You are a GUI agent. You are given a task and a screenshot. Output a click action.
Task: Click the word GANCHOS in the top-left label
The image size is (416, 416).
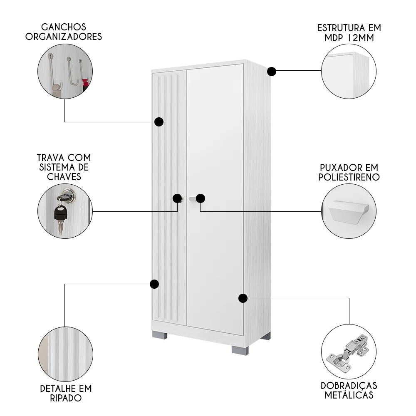pos(64,27)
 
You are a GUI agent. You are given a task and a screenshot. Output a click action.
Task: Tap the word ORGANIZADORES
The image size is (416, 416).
pos(64,37)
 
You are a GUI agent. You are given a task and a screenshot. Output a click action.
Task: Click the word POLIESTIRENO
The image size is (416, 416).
pos(349,177)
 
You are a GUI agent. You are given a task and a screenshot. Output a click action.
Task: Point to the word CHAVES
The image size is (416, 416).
pos(64,177)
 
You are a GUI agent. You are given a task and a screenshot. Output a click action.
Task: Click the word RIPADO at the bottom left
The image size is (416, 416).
pos(66,398)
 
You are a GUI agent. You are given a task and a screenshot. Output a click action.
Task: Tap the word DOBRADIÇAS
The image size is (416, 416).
pos(349,386)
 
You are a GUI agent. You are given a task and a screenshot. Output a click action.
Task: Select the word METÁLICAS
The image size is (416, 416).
pos(349,395)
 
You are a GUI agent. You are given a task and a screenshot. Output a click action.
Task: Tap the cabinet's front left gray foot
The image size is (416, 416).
pos(160,335)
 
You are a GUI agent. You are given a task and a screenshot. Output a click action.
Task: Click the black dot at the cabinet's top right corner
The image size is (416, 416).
pos(271,72)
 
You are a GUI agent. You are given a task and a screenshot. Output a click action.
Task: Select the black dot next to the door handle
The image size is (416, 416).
pos(201,198)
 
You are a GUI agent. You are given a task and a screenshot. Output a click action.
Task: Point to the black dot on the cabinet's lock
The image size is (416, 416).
pos(177,198)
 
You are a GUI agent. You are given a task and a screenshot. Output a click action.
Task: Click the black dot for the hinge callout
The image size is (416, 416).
pos(243,298)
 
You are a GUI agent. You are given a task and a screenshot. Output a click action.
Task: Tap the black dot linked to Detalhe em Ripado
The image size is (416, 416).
pos(154,284)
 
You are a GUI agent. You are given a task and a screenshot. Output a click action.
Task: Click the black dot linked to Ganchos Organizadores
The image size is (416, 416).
pos(158,122)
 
